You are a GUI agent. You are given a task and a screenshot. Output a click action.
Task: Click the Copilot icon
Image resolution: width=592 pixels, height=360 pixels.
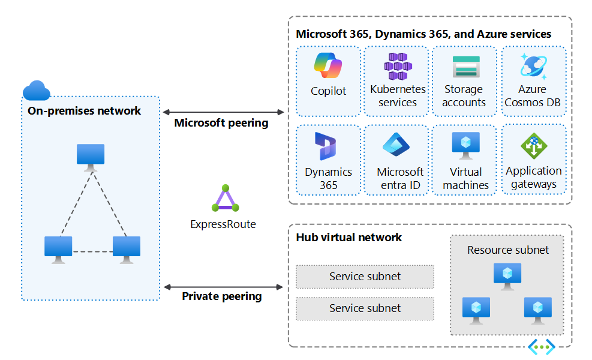(x=328, y=65)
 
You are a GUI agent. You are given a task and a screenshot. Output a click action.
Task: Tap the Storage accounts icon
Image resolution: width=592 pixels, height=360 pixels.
(x=465, y=66)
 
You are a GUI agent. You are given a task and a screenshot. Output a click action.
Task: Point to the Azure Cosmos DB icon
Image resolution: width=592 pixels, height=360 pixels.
(x=533, y=65)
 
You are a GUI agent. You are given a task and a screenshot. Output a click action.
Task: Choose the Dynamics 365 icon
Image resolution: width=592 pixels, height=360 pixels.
(x=327, y=146)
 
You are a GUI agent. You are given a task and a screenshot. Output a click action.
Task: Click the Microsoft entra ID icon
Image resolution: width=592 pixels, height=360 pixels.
(x=396, y=145)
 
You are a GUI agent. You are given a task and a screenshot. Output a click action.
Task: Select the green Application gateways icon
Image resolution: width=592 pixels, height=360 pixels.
(x=533, y=146)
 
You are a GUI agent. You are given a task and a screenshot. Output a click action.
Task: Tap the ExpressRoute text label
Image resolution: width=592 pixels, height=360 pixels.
(x=223, y=224)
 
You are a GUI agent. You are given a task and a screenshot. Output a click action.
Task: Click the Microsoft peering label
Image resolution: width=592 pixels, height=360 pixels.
(x=221, y=123)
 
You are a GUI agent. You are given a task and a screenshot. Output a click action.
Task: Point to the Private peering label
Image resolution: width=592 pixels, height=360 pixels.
(x=222, y=296)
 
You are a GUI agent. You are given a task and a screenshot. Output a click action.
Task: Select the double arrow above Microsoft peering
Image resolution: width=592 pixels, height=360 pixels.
(x=223, y=112)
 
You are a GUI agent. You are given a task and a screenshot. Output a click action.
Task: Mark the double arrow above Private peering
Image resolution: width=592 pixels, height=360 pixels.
(x=223, y=287)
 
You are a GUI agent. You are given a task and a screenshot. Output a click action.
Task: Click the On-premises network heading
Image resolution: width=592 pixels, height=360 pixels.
(x=85, y=110)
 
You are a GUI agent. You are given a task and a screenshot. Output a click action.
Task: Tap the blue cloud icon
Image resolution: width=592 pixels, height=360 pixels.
(x=36, y=90)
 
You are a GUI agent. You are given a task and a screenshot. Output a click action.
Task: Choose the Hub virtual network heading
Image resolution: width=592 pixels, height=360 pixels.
(x=349, y=237)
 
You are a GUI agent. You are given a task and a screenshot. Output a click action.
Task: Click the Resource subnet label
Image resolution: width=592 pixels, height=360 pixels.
(x=508, y=250)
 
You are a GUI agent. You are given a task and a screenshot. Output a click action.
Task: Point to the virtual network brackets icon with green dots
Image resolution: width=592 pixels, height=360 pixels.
(x=541, y=347)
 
